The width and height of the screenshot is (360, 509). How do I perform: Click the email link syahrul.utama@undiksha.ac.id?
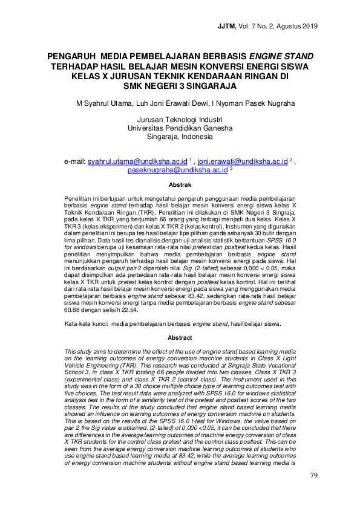click(x=137, y=162)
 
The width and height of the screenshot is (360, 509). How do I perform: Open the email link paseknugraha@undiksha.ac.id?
click(x=177, y=170)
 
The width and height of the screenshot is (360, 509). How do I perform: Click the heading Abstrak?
click(x=180, y=184)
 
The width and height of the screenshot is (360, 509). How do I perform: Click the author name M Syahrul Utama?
click(x=103, y=103)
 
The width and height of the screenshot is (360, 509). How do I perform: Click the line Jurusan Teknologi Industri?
click(x=180, y=120)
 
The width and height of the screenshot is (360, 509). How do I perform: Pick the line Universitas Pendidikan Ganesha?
click(x=180, y=128)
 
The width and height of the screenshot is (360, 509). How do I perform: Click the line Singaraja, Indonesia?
click(x=180, y=137)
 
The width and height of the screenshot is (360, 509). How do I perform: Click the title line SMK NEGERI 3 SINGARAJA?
click(x=180, y=86)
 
